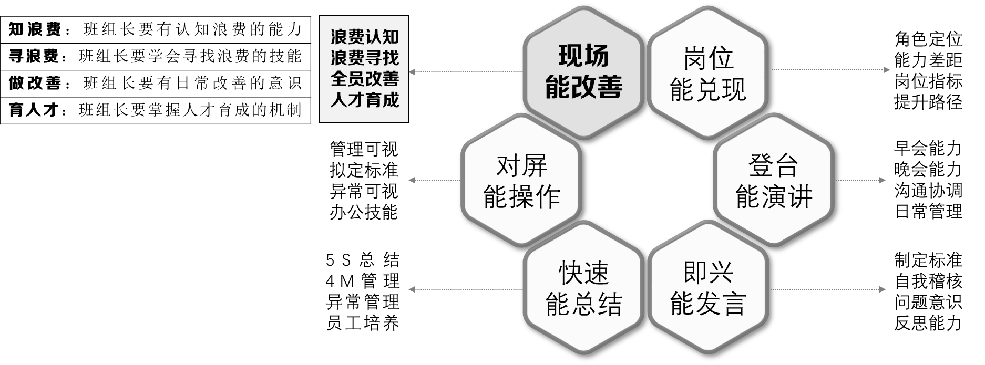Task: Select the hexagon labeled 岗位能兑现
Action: (x=708, y=72)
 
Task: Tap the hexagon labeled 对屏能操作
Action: (x=521, y=181)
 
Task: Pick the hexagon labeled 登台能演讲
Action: (x=773, y=181)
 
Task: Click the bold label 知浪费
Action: (x=35, y=29)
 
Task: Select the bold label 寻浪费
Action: (x=35, y=56)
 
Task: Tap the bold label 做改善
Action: (x=35, y=83)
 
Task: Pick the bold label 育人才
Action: (x=35, y=110)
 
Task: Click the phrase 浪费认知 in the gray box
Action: (x=364, y=36)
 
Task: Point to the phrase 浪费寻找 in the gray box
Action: (x=364, y=57)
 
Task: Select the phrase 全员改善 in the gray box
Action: (x=364, y=78)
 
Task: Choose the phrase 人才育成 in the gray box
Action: (x=364, y=99)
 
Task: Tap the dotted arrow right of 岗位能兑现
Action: (x=830, y=70)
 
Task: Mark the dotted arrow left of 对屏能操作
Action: (x=434, y=180)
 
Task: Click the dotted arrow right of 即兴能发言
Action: (x=830, y=289)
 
